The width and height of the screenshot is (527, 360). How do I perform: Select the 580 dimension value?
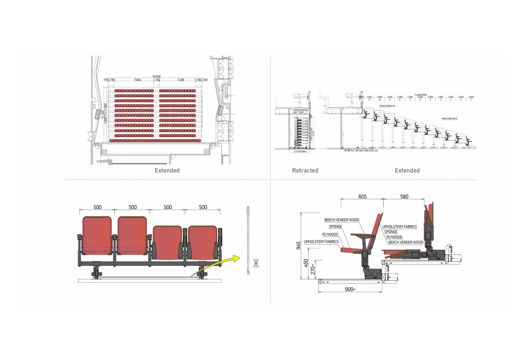(404, 196)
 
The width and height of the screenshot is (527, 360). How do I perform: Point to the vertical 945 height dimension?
(300, 246)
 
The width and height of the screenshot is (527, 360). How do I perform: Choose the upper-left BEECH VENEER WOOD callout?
(341, 220)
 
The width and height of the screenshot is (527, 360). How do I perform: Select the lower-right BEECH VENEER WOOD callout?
(406, 242)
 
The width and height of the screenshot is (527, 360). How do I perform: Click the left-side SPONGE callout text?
(336, 226)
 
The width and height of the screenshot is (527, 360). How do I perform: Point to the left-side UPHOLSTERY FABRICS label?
(321, 241)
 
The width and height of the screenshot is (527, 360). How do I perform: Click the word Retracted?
(305, 171)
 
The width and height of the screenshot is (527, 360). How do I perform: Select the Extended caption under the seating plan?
(167, 171)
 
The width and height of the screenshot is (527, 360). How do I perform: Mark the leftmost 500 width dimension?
(97, 207)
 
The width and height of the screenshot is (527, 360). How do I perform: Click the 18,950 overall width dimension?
(156, 77)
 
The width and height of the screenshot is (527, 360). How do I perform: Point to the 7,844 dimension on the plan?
(137, 80)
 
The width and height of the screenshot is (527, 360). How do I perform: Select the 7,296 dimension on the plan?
(181, 80)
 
